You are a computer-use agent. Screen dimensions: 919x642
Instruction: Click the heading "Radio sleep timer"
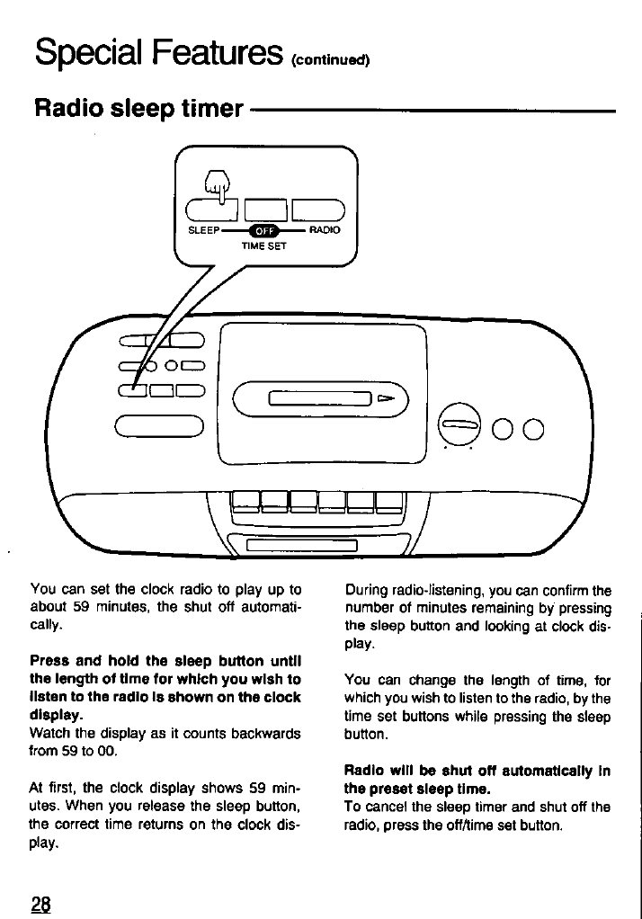[x=138, y=110]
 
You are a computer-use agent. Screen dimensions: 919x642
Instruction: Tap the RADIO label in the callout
[x=325, y=230]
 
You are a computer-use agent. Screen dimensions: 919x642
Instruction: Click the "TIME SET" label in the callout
[x=263, y=245]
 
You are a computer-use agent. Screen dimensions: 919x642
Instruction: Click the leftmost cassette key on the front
[x=245, y=500]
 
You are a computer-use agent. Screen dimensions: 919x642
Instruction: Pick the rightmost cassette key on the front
[x=389, y=500]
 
